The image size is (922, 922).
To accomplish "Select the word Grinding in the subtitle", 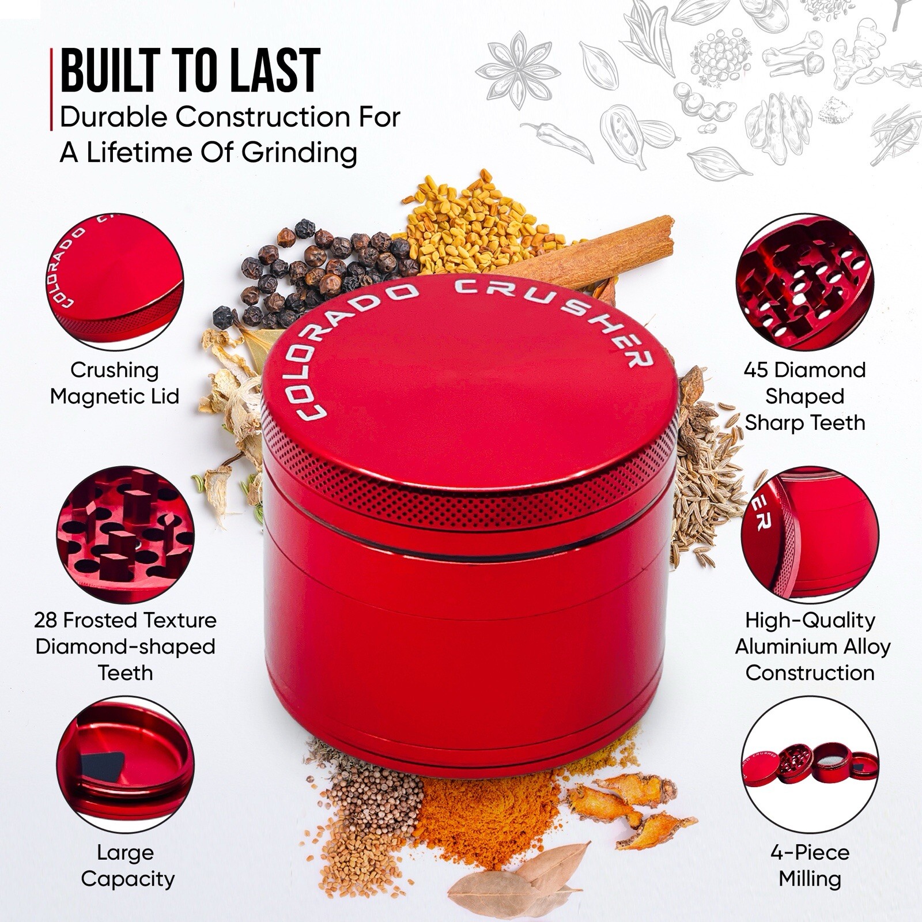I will (299, 153).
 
